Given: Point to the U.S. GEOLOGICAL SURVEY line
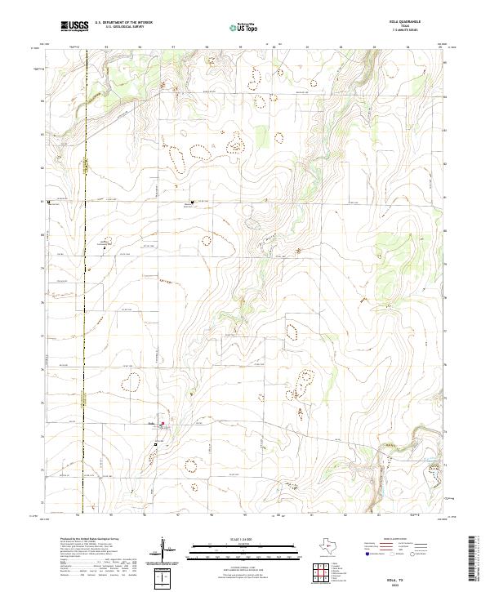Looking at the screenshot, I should click(x=120, y=28).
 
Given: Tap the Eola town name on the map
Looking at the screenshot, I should click(x=151, y=423).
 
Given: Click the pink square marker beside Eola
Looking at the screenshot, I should click(x=162, y=423).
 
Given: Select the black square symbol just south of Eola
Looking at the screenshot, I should click(x=155, y=444).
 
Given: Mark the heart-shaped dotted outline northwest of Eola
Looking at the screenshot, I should click(x=130, y=381).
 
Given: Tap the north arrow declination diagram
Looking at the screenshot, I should click(x=164, y=549).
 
